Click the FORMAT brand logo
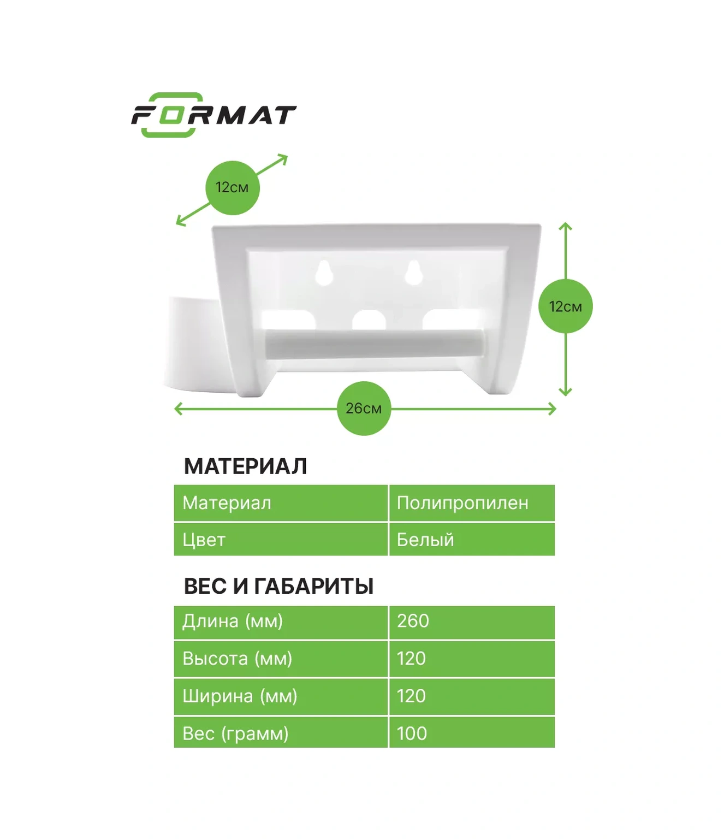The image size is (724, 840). point(213,115)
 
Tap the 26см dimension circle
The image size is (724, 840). point(364,409)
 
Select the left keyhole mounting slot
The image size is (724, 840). point(324,273)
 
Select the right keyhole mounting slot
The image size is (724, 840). point(414,273)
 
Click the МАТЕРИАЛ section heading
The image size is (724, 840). point(245,466)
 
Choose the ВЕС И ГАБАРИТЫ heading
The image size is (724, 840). point(278,586)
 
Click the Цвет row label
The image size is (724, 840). point(204,540)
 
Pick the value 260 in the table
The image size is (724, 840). point(413,621)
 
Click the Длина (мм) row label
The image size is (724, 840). point(233,622)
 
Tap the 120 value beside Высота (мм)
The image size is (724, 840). point(411,658)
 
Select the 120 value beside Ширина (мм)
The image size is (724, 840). point(411,696)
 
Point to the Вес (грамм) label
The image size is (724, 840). point(236,734)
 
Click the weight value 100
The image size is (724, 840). point(412,733)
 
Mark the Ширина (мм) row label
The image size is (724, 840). point(240,696)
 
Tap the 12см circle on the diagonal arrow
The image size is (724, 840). point(233,188)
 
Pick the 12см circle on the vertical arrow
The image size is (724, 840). point(566,306)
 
